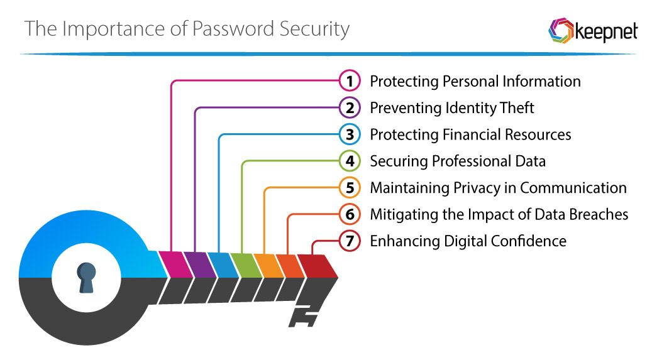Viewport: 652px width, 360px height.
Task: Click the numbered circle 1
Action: [349, 81]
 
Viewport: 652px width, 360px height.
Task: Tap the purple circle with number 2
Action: [349, 108]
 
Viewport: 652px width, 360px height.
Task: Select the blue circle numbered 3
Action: [349, 134]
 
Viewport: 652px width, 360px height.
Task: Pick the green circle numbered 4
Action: [349, 161]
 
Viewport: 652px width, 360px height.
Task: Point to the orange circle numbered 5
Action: [349, 188]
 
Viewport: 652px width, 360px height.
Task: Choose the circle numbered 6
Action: [349, 214]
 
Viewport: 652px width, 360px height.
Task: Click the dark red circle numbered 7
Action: [349, 241]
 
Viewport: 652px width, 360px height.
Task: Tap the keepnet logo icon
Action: [560, 30]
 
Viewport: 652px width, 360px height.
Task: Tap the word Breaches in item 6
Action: [595, 214]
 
